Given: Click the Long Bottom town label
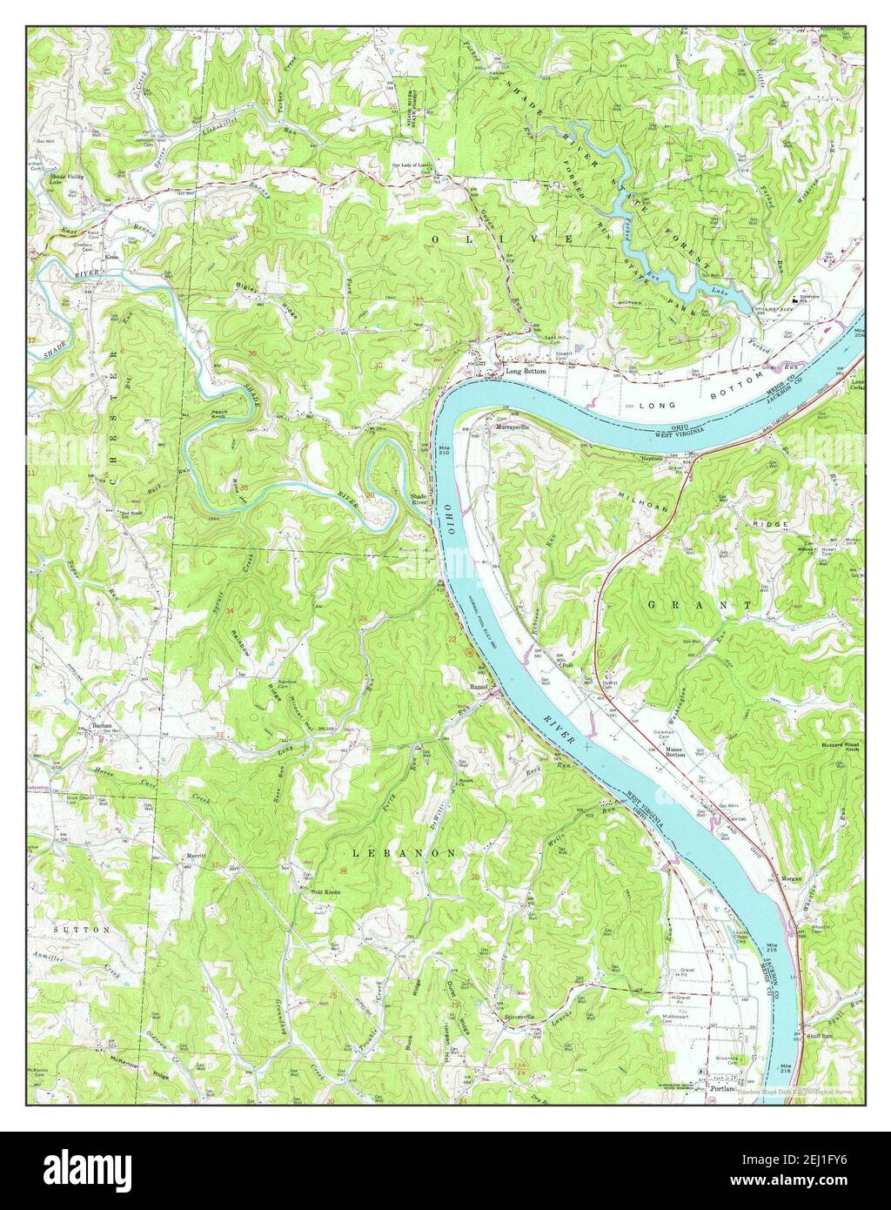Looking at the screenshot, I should tap(526, 372).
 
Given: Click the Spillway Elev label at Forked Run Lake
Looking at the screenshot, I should tap(777, 307).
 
